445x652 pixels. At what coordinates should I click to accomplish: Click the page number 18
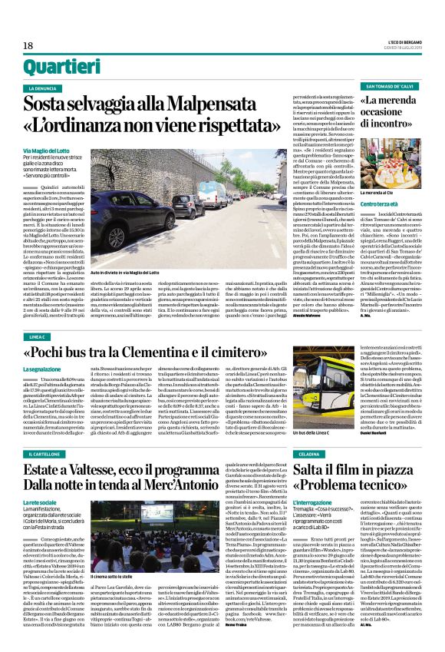pyautogui.click(x=28, y=46)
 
